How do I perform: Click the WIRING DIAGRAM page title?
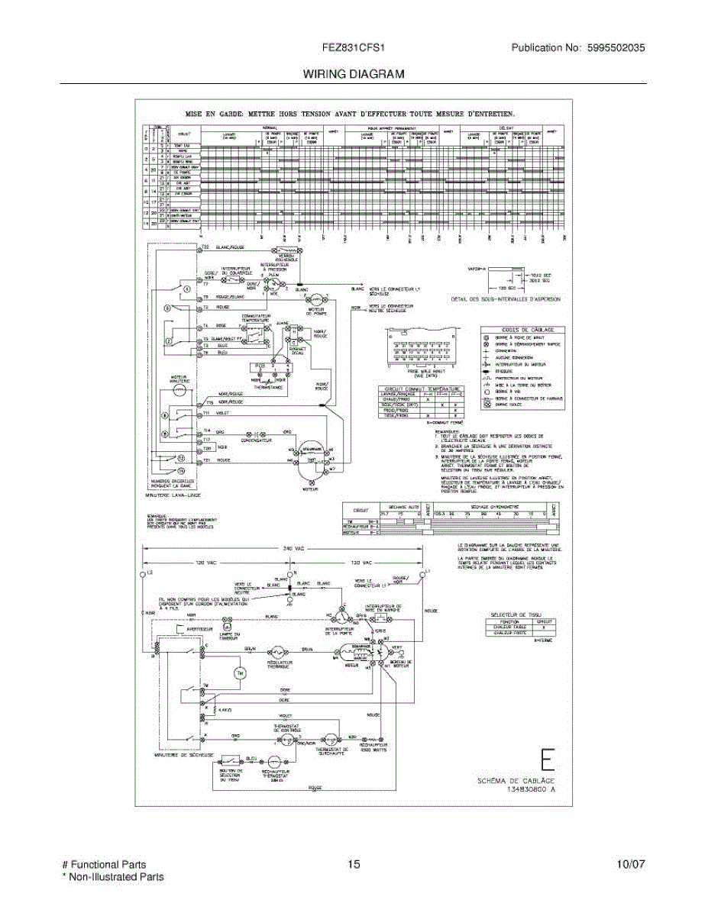click(x=354, y=74)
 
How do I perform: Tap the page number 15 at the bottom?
click(x=353, y=864)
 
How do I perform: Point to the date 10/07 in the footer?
click(x=631, y=864)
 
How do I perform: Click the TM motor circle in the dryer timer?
click(x=238, y=672)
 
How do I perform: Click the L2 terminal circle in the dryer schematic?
click(x=143, y=572)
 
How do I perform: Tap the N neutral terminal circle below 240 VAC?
click(x=289, y=572)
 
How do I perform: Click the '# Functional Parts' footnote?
click(x=104, y=864)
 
